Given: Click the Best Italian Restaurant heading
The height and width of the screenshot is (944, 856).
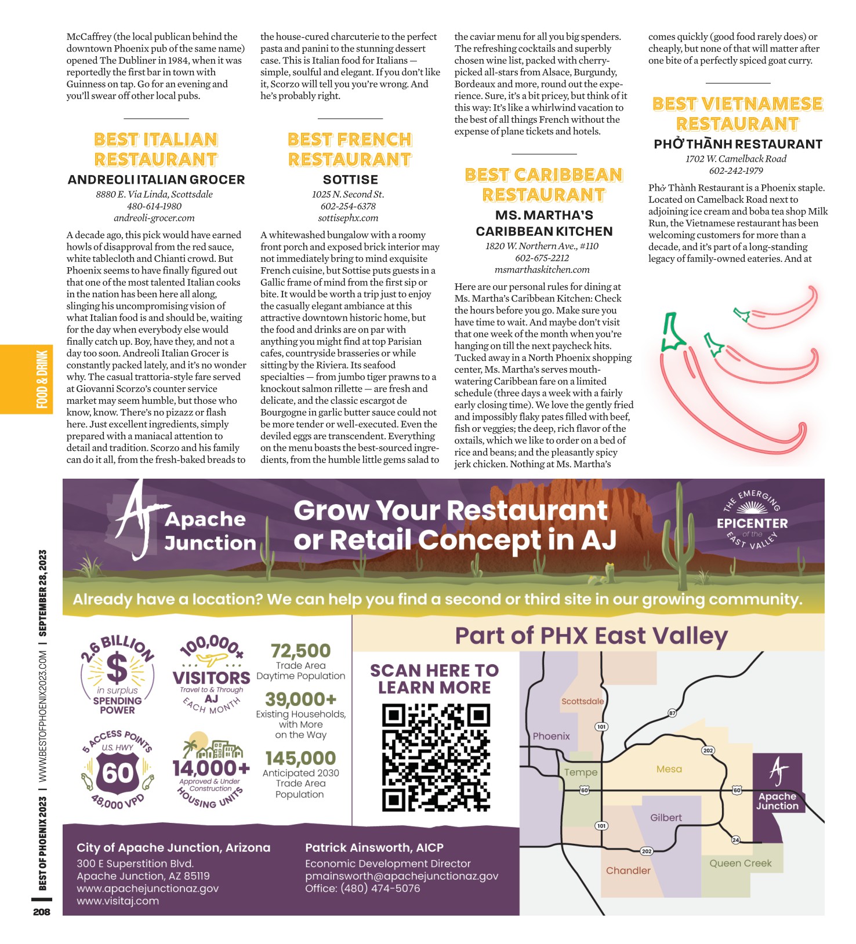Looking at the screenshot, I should click(x=155, y=149).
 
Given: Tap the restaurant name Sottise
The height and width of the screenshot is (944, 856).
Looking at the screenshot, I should click(x=350, y=180).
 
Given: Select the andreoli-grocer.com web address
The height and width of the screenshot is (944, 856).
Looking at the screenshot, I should click(x=154, y=218).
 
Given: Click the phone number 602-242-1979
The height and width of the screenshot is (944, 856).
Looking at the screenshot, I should click(x=736, y=170).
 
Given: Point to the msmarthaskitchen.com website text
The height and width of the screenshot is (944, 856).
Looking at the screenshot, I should click(x=542, y=269).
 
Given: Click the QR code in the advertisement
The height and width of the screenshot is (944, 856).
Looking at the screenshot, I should click(x=436, y=757).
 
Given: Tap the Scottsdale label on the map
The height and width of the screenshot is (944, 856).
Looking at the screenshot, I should click(x=582, y=701).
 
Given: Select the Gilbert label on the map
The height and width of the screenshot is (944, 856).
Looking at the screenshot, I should click(x=666, y=818).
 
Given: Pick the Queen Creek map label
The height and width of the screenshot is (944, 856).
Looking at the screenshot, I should click(x=741, y=863).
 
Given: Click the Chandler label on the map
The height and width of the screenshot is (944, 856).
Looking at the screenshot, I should click(x=628, y=870).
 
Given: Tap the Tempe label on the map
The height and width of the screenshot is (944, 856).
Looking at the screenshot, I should click(x=581, y=772).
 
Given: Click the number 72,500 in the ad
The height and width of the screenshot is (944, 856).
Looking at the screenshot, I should click(x=300, y=650).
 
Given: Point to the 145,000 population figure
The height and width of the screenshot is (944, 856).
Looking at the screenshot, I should click(x=300, y=758).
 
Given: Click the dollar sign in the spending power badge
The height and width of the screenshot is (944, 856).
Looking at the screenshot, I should click(x=118, y=668).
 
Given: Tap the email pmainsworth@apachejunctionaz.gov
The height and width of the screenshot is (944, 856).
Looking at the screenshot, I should click(x=401, y=876).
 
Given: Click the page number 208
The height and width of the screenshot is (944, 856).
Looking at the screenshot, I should click(x=42, y=912).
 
